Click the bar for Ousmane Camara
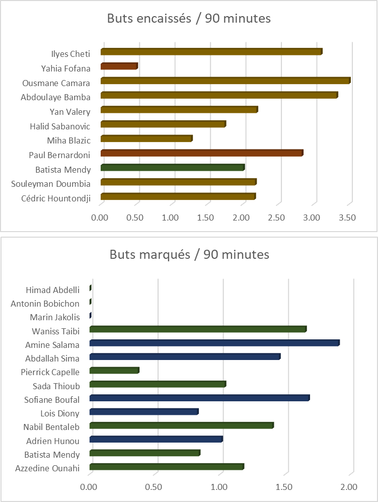click(225, 81)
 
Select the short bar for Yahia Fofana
click(119, 66)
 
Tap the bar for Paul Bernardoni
click(201, 153)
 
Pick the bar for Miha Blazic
click(146, 138)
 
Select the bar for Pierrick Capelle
click(114, 371)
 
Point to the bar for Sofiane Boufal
click(199, 398)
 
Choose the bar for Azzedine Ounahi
click(166, 467)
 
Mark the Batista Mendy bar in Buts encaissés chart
click(172, 168)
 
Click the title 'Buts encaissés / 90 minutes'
click(189, 19)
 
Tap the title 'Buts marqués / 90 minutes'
click(189, 254)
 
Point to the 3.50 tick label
click(347, 218)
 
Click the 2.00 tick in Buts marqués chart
click(349, 487)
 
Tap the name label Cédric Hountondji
click(56, 198)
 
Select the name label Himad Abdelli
click(52, 290)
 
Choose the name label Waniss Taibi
click(55, 331)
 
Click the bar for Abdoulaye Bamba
click(219, 95)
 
